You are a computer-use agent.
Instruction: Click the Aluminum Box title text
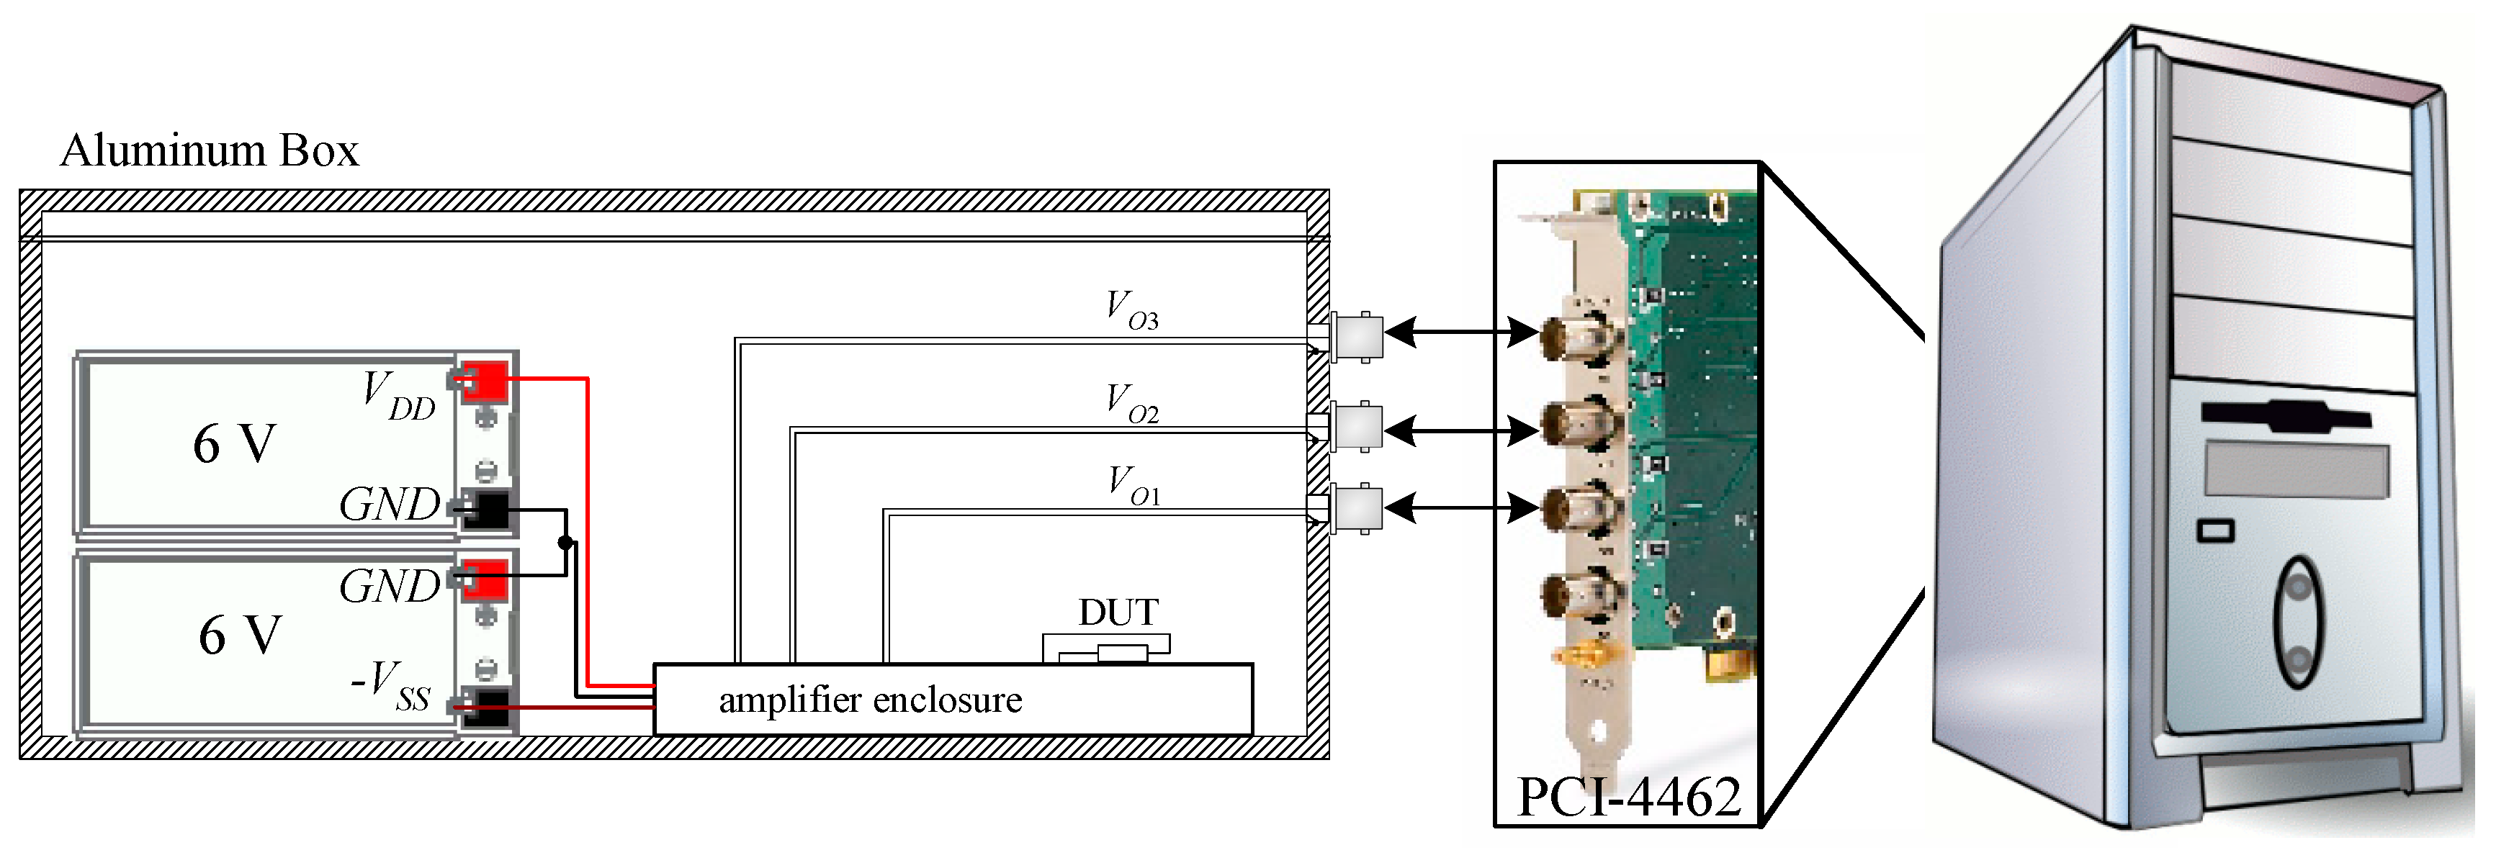tap(210, 151)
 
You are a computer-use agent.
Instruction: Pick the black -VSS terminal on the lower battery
tap(485, 707)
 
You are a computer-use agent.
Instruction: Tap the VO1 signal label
tap(1133, 485)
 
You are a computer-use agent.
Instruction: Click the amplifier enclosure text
tap(870, 700)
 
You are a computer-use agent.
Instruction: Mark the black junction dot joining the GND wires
tap(566, 543)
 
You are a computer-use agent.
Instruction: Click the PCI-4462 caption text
tap(1629, 797)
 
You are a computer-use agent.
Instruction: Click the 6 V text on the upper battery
tap(235, 445)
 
